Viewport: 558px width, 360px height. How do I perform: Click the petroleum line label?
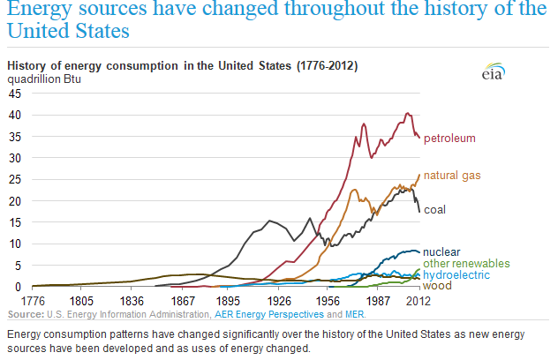click(x=450, y=139)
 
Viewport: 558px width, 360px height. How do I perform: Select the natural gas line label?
click(x=452, y=176)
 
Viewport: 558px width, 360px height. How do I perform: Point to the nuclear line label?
click(x=441, y=251)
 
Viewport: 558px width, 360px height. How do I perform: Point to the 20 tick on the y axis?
click(x=16, y=200)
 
